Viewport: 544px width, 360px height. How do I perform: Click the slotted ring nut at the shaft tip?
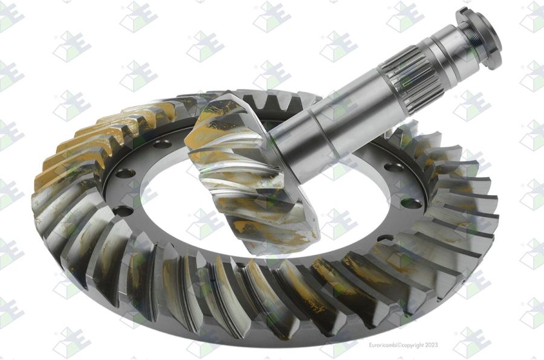point(480,37)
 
